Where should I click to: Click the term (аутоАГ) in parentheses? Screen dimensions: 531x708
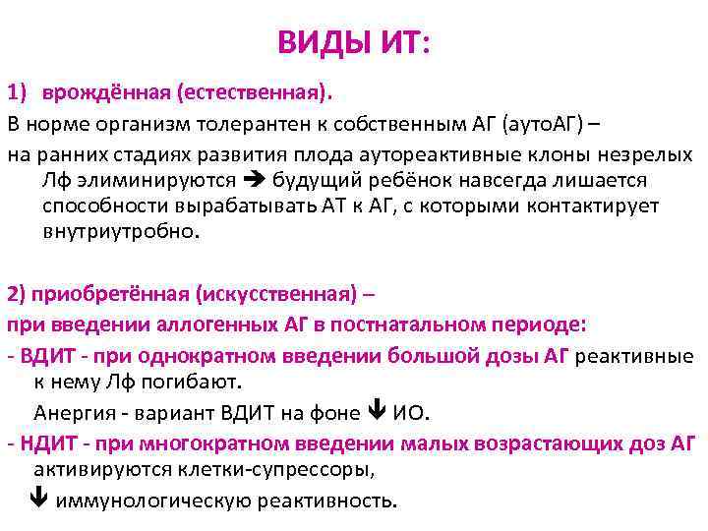(x=544, y=125)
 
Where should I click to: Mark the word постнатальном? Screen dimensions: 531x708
(x=434, y=324)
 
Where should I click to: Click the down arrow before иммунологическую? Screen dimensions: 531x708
(x=39, y=500)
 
